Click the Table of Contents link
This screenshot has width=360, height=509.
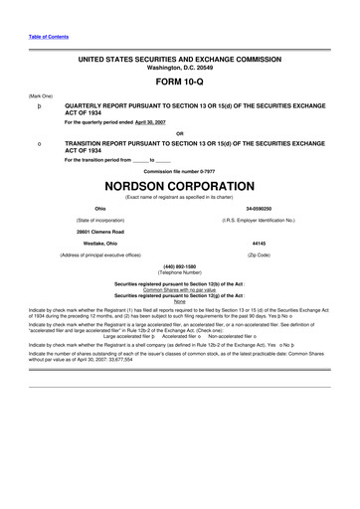[47, 37]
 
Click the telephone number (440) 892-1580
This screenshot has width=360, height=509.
[180, 265]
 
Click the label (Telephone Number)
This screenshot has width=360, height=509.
[180, 271]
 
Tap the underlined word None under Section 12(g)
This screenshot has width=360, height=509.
[180, 301]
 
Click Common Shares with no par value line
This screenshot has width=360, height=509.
[180, 289]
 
